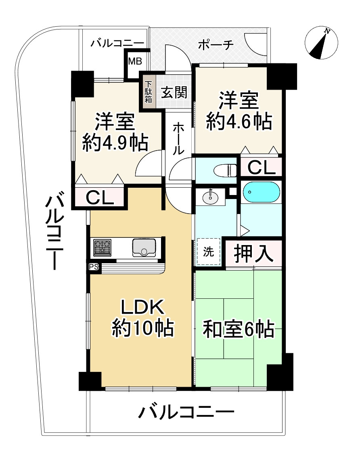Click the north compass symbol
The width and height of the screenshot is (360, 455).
pyautogui.click(x=321, y=42)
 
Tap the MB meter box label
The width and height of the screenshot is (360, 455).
pyautogui.click(x=135, y=61)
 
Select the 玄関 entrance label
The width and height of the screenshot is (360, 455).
pyautogui.click(x=174, y=92)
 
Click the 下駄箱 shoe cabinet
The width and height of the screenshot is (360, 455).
pyautogui.click(x=148, y=92)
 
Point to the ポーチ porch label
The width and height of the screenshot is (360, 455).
pyautogui.click(x=216, y=45)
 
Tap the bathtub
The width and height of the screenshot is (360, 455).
pyautogui.click(x=262, y=192)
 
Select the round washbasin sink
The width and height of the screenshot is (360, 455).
pyautogui.click(x=211, y=197)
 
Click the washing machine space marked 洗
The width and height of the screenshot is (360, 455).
pyautogui.click(x=209, y=251)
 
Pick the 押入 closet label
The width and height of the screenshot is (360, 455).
pyautogui.click(x=254, y=253)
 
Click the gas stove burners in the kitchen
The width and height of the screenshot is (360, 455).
pyautogui.click(x=102, y=247)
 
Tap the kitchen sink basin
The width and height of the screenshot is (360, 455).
pyautogui.click(x=144, y=247)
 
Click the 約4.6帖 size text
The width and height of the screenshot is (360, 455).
pyautogui.click(x=239, y=121)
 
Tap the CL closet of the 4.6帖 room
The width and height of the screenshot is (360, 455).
pyautogui.click(x=262, y=167)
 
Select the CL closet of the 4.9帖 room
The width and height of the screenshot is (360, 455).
pyautogui.click(x=100, y=197)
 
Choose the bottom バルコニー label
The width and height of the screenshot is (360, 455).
pyautogui.click(x=186, y=412)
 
